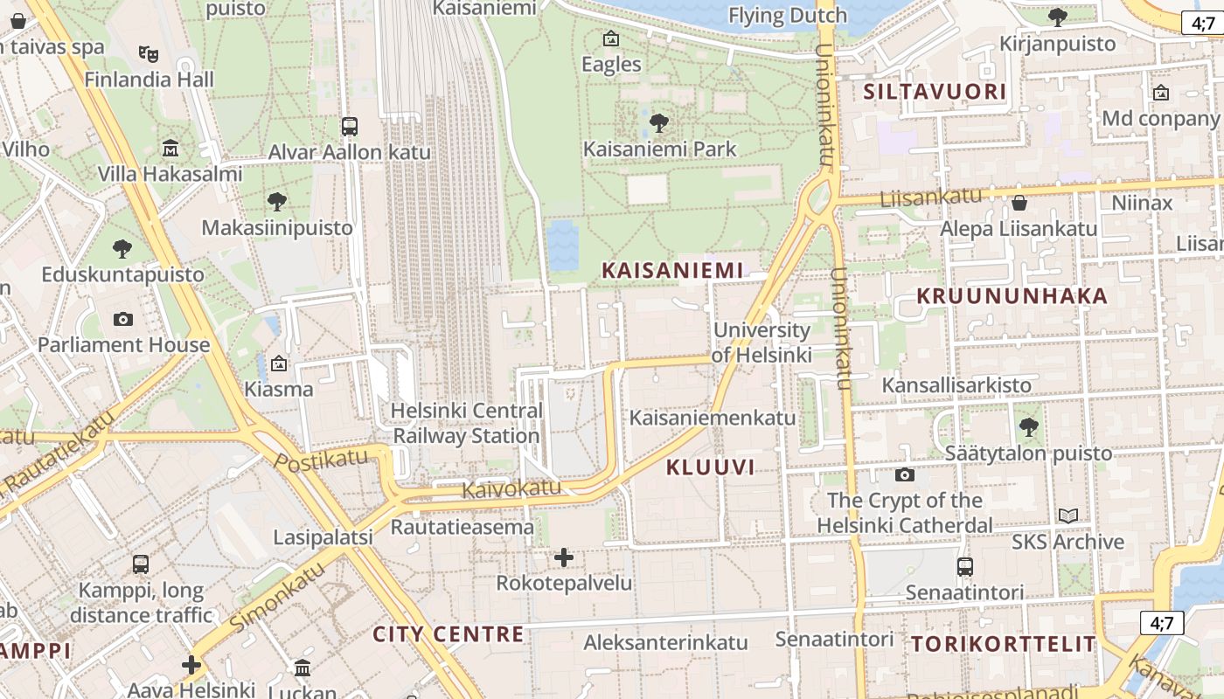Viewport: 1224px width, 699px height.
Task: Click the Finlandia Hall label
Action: pyautogui.click(x=149, y=80)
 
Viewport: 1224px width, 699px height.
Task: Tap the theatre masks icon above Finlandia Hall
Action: pyautogui.click(x=149, y=54)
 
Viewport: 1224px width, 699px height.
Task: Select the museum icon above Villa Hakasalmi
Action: pyautogui.click(x=170, y=148)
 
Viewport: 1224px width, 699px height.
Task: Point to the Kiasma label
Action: pyautogui.click(x=279, y=389)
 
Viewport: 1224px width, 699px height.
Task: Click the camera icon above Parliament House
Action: pyautogui.click(x=123, y=319)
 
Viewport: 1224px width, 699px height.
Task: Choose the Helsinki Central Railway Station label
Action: pyautogui.click(x=467, y=423)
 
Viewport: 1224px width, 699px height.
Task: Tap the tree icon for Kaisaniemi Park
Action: pyautogui.click(x=660, y=122)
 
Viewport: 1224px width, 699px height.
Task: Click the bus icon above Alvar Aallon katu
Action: pyautogui.click(x=350, y=127)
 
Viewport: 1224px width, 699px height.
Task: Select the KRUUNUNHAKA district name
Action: pyautogui.click(x=1012, y=295)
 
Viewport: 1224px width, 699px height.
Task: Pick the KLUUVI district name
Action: pyautogui.click(x=710, y=467)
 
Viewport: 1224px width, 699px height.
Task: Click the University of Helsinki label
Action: pyautogui.click(x=762, y=343)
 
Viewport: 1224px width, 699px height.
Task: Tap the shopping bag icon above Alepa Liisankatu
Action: pyautogui.click(x=1019, y=204)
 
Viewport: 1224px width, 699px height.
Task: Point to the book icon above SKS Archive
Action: pyautogui.click(x=1068, y=516)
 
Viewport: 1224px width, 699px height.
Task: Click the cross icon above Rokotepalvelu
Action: pyautogui.click(x=564, y=557)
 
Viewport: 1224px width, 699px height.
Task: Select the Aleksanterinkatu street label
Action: pyautogui.click(x=665, y=642)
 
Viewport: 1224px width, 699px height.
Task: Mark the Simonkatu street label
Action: pyautogui.click(x=277, y=597)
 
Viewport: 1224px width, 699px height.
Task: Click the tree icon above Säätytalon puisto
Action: pyautogui.click(x=1028, y=427)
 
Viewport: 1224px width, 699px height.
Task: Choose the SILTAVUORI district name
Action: pyautogui.click(x=935, y=92)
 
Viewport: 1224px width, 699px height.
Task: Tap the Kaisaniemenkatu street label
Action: pyautogui.click(x=713, y=418)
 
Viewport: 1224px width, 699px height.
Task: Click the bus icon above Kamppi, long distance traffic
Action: pyautogui.click(x=141, y=564)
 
